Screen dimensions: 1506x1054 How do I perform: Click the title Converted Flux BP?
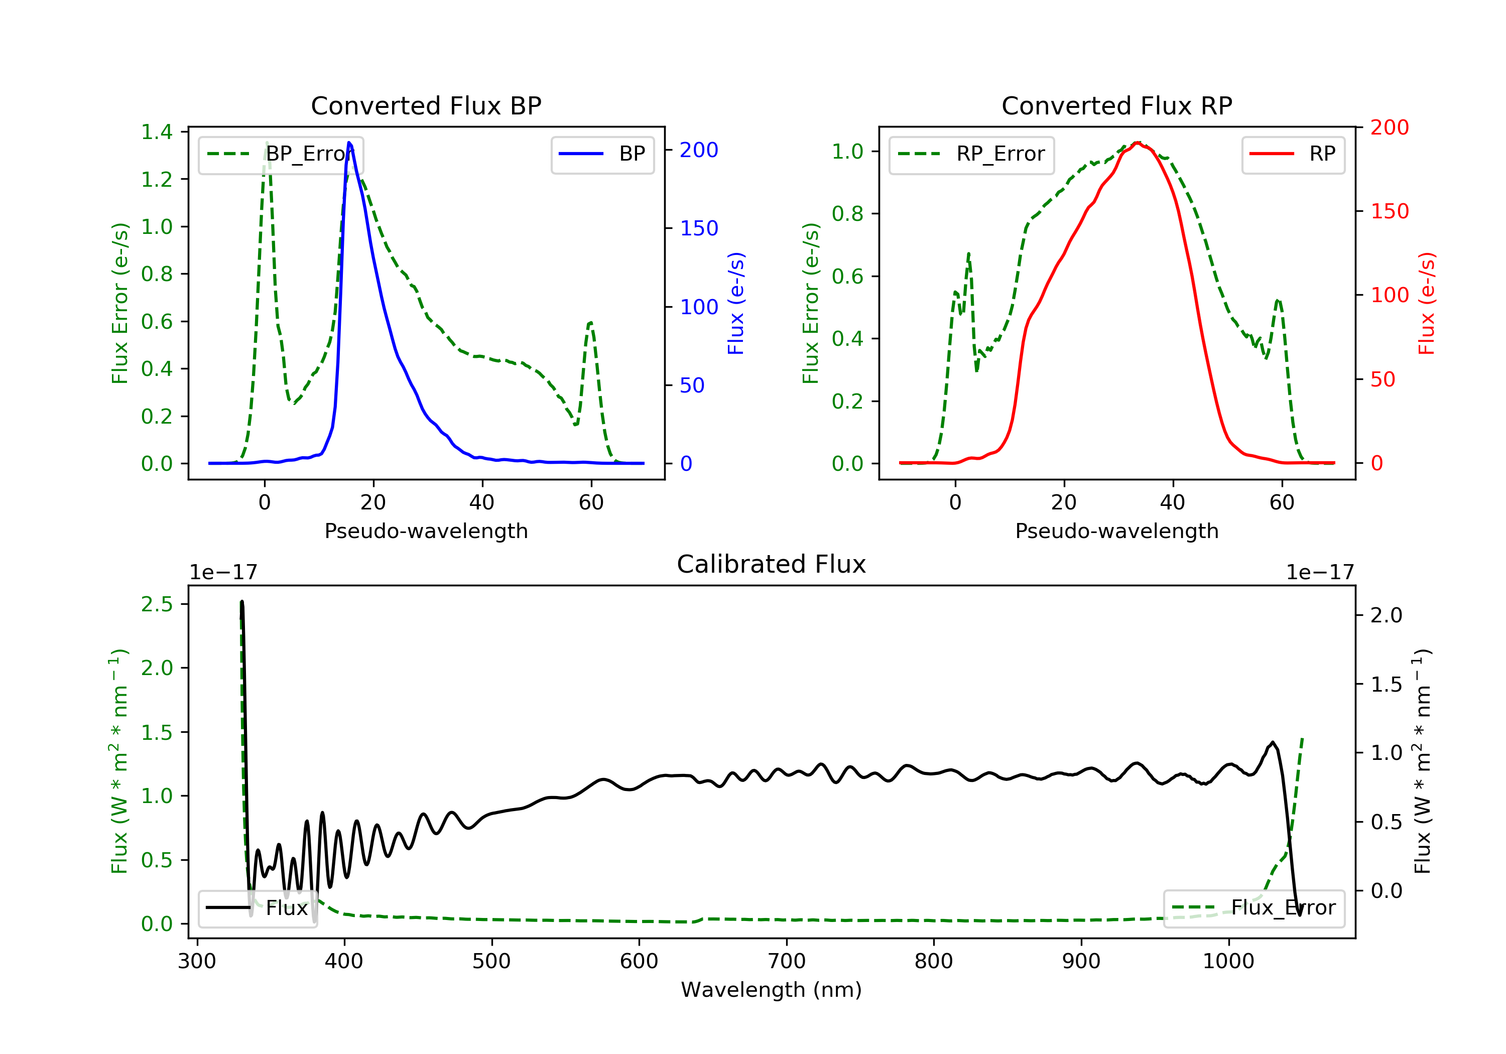[426, 105]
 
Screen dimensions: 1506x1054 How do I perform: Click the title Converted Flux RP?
[1116, 105]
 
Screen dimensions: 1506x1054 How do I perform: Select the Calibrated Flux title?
[772, 564]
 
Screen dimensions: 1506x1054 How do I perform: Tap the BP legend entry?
[602, 154]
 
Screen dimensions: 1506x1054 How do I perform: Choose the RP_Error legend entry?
[971, 155]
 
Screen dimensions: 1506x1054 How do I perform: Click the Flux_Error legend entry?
[1253, 908]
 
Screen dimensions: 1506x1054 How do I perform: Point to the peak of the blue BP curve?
[349, 143]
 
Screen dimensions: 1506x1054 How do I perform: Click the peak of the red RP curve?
[1138, 143]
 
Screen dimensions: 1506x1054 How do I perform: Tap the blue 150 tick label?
[699, 228]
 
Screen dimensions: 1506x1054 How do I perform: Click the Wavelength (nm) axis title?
[772, 990]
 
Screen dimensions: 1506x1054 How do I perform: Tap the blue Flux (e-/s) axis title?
[736, 303]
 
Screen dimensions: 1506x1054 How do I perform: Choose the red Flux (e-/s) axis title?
[1427, 303]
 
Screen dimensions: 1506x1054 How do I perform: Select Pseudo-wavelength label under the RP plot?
[1116, 531]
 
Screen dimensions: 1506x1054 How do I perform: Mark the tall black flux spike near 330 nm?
[242, 602]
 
